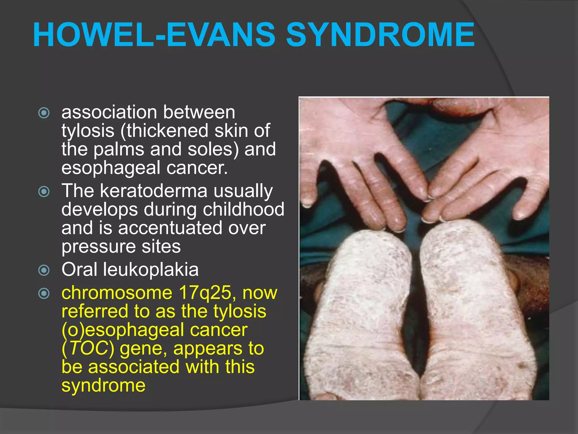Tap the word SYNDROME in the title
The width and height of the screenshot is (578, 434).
(381, 34)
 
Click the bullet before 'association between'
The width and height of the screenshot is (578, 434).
(44, 113)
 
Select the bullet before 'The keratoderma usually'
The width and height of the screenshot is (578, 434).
(44, 192)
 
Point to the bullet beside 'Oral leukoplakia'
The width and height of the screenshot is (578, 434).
(44, 270)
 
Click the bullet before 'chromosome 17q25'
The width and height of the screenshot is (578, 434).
(44, 294)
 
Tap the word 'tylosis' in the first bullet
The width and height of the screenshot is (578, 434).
(88, 131)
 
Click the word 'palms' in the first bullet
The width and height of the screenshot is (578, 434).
(119, 149)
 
